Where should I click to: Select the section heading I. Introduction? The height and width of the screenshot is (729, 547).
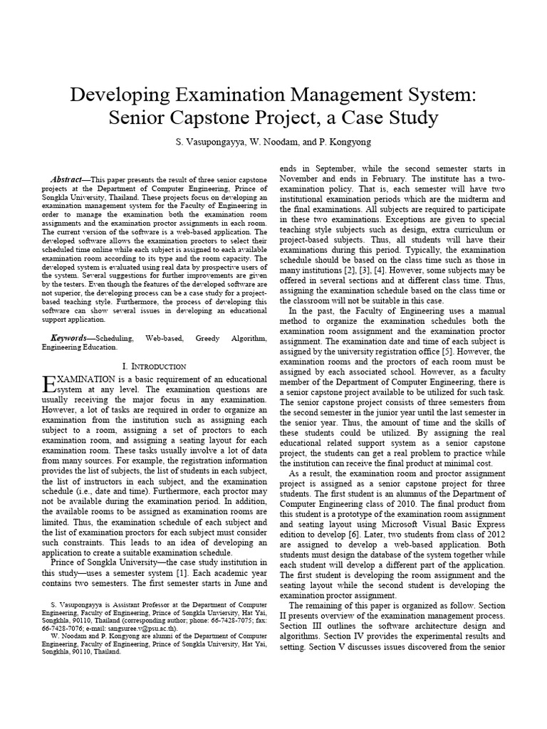(x=155, y=366)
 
